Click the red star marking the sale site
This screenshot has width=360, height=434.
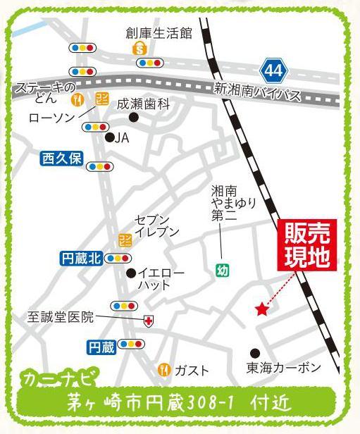point(262,308)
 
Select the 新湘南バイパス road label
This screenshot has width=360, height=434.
point(256,92)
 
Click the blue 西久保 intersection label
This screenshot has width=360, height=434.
point(62,159)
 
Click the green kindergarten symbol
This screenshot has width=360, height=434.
point(222,269)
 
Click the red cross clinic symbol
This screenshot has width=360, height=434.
point(149,321)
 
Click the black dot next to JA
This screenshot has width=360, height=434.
point(108,138)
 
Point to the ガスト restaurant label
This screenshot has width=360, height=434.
point(192,369)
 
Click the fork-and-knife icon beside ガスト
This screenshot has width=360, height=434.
point(163,368)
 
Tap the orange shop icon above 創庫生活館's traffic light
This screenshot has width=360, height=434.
point(140,49)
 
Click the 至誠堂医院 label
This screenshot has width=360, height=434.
point(61,316)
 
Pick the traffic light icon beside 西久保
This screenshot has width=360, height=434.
point(101,166)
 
